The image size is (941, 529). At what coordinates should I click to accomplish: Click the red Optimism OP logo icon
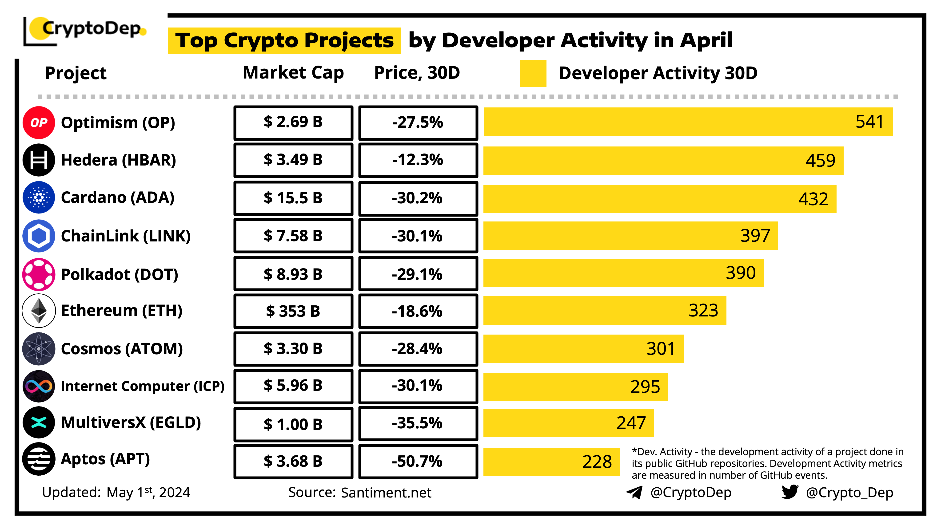[39, 123]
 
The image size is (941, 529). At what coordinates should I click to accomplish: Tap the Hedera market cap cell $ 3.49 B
[293, 160]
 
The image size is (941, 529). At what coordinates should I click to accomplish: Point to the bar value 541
[869, 122]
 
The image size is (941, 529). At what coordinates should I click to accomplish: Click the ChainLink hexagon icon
[39, 236]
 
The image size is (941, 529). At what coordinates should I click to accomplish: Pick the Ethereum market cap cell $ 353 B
[293, 311]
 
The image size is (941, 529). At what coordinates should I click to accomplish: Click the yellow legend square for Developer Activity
[533, 73]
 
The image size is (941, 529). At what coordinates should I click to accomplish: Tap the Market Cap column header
[293, 73]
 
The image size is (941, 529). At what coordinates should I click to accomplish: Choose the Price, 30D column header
[417, 73]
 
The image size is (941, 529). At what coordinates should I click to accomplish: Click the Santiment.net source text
[386, 493]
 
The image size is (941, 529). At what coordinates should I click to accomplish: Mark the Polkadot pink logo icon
[39, 274]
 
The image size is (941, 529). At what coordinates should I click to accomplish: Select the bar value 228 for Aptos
[597, 462]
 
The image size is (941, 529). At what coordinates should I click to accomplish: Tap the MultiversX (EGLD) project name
[131, 422]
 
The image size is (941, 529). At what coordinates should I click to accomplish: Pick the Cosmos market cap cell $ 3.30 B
[293, 349]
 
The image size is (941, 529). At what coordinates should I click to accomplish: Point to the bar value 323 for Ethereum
[703, 310]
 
